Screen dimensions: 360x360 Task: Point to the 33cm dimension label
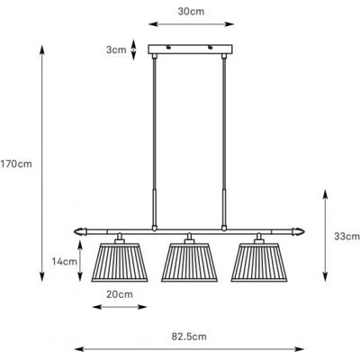pos(346,236)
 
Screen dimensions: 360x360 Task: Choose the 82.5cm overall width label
pos(190,335)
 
